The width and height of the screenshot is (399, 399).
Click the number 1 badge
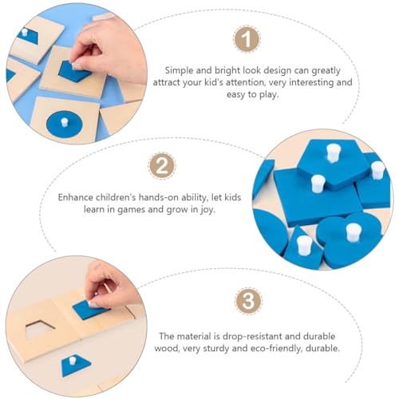(247, 39)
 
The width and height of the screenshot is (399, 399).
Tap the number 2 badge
(162, 166)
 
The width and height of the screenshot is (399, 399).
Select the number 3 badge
(248, 301)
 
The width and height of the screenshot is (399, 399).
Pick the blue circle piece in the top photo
(63, 124)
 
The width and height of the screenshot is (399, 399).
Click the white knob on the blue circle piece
(64, 122)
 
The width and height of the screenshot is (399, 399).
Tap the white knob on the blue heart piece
(354, 232)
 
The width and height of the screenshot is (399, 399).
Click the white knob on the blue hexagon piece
(333, 152)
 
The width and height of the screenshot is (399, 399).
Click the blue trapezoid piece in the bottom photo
(76, 365)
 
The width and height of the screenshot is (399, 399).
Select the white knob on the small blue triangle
(304, 245)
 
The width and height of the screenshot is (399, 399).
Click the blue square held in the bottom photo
(90, 308)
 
